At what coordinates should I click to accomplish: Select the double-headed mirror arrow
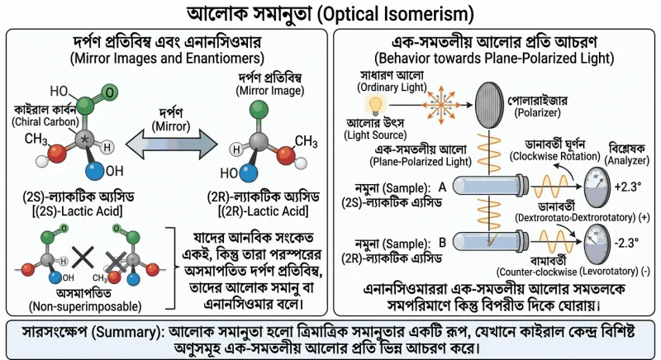pyautogui.click(x=172, y=145)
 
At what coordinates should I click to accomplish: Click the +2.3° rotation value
pyautogui.click(x=628, y=187)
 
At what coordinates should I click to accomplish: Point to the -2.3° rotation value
pyautogui.click(x=627, y=243)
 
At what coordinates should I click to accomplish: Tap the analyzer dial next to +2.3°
pyautogui.click(x=597, y=187)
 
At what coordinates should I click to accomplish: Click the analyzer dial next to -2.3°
pyautogui.click(x=597, y=244)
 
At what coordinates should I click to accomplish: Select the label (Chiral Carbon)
pyautogui.click(x=45, y=121)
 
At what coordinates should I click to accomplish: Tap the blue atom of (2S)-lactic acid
pyautogui.click(x=94, y=171)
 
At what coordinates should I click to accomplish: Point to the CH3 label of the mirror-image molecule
pyautogui.click(x=306, y=141)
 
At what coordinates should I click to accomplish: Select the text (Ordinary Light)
pyautogui.click(x=392, y=88)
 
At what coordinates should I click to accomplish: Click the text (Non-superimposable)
pyautogui.click(x=85, y=306)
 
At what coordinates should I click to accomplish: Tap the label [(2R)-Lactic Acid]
pyautogui.click(x=263, y=211)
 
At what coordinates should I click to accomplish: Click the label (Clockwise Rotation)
pyautogui.click(x=554, y=156)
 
